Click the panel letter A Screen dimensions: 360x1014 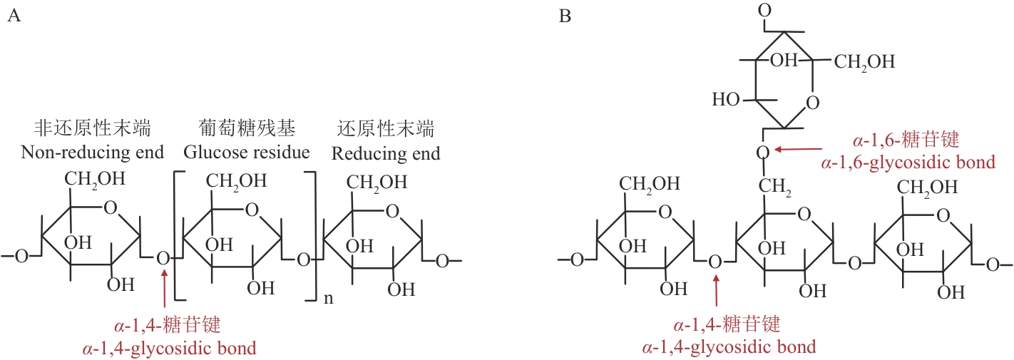pyautogui.click(x=12, y=16)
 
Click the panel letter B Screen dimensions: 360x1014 pyautogui.click(x=565, y=16)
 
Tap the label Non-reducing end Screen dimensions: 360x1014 pyautogui.click(x=93, y=152)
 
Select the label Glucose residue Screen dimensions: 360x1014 pyautogui.click(x=247, y=152)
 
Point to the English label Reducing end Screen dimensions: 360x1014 pyautogui.click(x=386, y=153)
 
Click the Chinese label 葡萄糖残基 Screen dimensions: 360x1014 pyautogui.click(x=247, y=129)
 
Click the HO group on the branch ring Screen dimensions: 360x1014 pyautogui.click(x=726, y=100)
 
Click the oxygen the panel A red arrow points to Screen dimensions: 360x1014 pyautogui.click(x=164, y=258)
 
